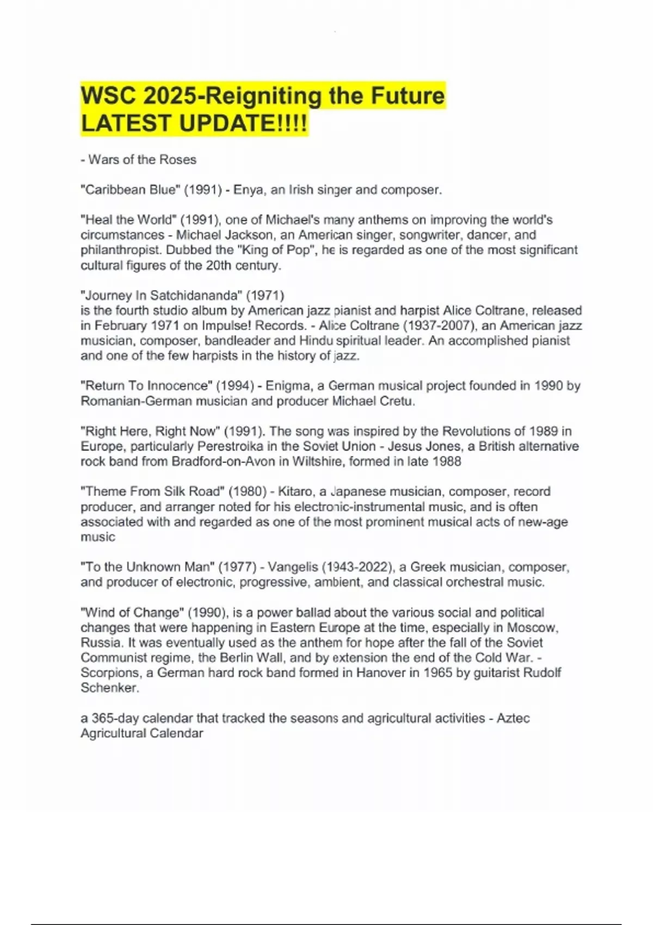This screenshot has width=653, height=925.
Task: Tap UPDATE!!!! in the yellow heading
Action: (x=243, y=124)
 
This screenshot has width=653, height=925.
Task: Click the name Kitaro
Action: (x=295, y=491)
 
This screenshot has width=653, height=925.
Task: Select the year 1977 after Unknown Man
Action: (x=237, y=567)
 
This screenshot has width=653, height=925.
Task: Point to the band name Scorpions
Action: (x=111, y=673)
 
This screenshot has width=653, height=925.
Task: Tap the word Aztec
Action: (x=513, y=718)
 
